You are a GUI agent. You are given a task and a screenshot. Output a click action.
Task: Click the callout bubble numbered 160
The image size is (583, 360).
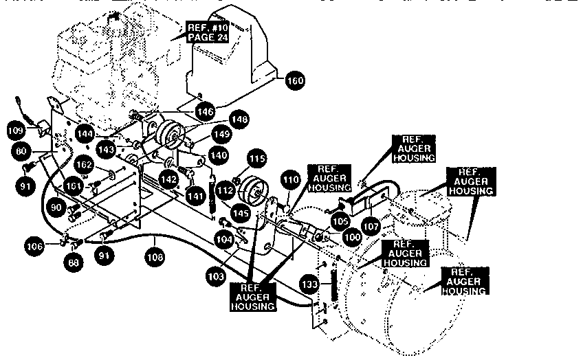click(294, 80)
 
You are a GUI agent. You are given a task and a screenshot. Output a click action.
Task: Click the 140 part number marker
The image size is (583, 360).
click(219, 155)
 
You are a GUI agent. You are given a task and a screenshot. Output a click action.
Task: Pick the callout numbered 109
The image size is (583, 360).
click(15, 131)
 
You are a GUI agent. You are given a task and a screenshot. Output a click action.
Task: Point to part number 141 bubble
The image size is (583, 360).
click(195, 195)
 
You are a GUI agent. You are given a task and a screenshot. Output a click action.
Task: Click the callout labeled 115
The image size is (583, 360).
click(256, 159)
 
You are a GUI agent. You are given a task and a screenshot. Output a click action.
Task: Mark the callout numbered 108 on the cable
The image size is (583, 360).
click(154, 260)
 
